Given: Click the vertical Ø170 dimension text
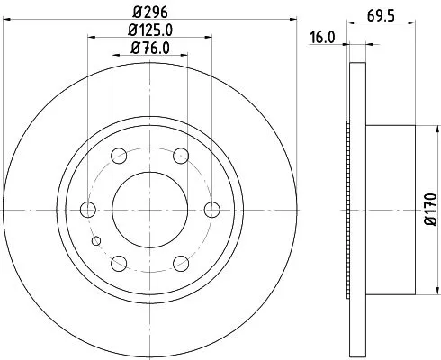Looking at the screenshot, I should click(431, 210).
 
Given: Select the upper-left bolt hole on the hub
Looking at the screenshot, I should click(118, 156).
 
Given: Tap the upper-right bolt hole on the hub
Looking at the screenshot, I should click(180, 156).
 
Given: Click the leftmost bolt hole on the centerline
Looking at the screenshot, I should click(87, 210).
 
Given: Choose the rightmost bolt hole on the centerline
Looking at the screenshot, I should click(211, 210).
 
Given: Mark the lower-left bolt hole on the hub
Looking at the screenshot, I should click(118, 263).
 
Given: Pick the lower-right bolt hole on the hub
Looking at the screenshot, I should click(180, 263).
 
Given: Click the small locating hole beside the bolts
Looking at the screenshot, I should click(97, 240).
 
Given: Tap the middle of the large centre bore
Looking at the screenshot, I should click(149, 210).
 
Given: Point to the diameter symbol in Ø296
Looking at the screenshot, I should click(135, 13).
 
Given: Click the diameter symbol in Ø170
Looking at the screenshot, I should click(431, 226).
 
